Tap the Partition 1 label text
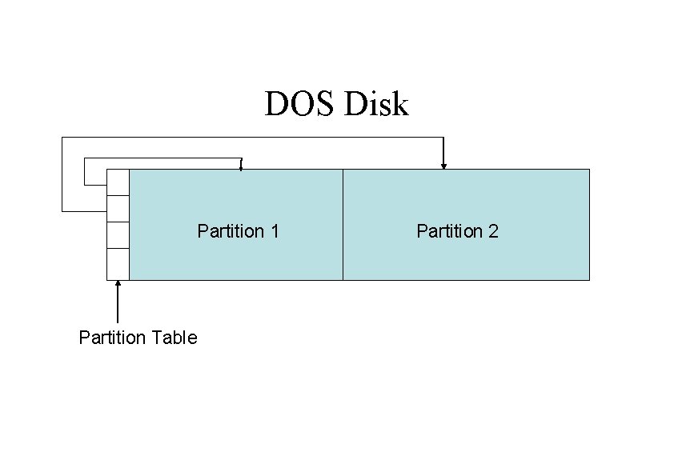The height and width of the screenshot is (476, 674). coord(238,231)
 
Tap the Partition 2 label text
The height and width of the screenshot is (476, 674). coord(457,231)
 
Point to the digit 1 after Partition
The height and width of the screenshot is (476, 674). coord(275,231)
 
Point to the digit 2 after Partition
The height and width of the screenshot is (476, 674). coord(494,231)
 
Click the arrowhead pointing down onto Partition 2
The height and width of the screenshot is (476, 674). coord(443,166)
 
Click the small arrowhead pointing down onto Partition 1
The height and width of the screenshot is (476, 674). coord(241,167)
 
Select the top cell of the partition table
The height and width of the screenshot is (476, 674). coord(118,182)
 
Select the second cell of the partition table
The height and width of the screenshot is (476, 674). coord(118,208)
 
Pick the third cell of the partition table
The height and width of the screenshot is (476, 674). coord(118,235)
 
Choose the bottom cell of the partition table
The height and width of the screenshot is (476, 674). coord(118,264)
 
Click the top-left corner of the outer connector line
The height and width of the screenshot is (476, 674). coord(62,138)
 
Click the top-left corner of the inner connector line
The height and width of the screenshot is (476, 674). coord(83,158)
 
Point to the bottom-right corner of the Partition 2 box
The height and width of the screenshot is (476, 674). coord(589,279)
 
